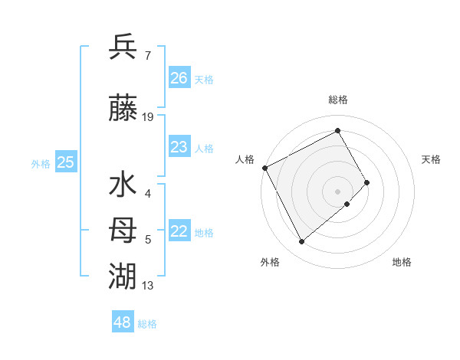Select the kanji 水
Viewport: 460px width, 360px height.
point(123,186)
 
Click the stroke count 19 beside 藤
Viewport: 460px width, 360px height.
point(148,117)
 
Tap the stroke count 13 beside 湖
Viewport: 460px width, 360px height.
point(148,286)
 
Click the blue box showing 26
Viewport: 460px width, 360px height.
point(179,77)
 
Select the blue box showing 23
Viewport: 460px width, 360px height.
point(179,147)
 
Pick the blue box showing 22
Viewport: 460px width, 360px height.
point(179,231)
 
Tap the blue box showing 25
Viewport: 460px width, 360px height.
point(65,162)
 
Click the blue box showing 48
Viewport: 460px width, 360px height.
point(122,322)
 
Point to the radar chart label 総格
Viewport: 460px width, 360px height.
point(338,100)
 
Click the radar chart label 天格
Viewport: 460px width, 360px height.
point(431,159)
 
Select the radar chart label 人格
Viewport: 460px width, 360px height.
point(245,159)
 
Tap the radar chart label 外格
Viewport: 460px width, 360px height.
point(270,262)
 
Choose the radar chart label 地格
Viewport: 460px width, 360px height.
point(402,262)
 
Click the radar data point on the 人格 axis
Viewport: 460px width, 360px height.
point(264,168)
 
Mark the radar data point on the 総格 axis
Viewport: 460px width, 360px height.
point(338,130)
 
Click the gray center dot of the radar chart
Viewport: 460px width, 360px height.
point(337,191)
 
